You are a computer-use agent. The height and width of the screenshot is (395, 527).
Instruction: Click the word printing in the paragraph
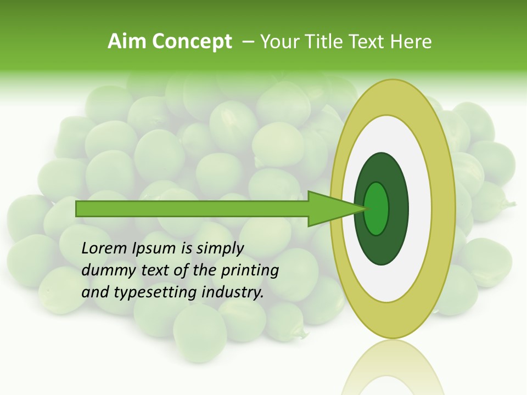pos(249,270)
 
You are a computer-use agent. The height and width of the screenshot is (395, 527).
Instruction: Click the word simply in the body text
pos(220,249)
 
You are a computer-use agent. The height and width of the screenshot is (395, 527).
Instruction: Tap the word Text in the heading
pos(371,42)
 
